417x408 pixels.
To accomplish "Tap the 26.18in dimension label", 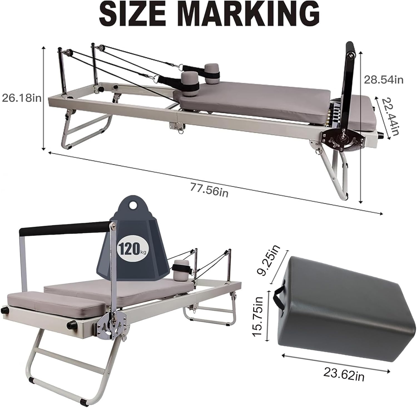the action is pyautogui.click(x=22, y=98).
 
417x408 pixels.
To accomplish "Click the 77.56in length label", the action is pyautogui.click(x=209, y=190).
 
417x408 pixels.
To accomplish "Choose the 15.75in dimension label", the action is pyautogui.click(x=258, y=316).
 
